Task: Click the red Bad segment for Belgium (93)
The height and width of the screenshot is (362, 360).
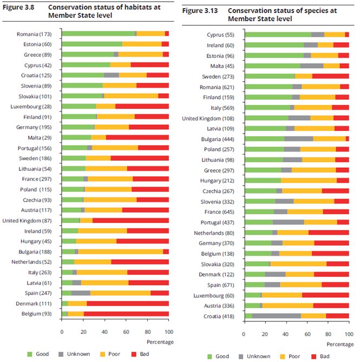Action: coord(126,314)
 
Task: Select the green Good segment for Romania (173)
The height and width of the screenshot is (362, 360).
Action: coord(99,34)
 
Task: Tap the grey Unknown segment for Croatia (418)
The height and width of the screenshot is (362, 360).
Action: coord(277,316)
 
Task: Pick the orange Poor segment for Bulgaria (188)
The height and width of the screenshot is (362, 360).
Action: coord(121,252)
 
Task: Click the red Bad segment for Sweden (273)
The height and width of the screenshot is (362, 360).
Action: coord(331,76)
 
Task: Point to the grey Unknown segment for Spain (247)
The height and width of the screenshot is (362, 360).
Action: coord(81,293)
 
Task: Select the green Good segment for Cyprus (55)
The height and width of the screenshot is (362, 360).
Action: coord(278,35)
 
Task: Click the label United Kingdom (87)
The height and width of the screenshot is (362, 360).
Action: coord(27,221)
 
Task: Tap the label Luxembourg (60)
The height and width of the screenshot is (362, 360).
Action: coord(214,295)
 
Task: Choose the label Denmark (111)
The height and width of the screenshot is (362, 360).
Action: coord(34,304)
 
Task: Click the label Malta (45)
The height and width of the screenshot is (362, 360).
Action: coord(222,66)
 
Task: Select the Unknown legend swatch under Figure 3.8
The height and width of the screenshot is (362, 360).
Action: coord(61,354)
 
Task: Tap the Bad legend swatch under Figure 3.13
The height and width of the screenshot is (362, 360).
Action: coord(314,357)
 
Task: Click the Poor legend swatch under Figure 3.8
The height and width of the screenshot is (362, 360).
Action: coord(102,354)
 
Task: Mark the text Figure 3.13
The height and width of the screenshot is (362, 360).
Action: coord(200,11)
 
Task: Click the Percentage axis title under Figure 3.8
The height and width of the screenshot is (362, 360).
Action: coord(160,342)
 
